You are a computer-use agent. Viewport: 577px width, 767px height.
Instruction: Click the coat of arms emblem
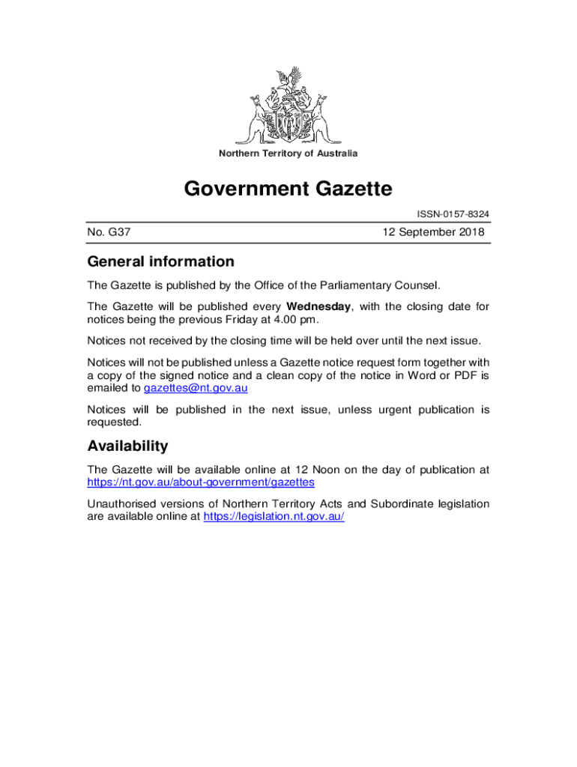tap(288, 106)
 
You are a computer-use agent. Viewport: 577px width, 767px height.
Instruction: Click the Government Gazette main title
tap(288, 189)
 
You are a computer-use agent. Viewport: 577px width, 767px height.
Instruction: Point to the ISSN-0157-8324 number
tap(453, 214)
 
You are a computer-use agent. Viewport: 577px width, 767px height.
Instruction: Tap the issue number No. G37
tap(109, 232)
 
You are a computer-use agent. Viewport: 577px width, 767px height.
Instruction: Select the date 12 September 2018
tap(433, 232)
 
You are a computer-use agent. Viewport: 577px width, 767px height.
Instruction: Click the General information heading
tap(160, 261)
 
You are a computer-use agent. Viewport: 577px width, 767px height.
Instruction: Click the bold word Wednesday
tap(318, 306)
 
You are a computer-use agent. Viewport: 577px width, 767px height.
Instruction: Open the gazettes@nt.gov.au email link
tap(196, 388)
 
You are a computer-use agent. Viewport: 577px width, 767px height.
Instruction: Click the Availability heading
tap(127, 446)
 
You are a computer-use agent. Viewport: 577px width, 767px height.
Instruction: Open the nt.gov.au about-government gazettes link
tap(201, 482)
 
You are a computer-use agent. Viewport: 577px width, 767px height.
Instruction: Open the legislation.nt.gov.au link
tap(274, 517)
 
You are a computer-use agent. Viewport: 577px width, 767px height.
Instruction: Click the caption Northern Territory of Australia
tap(288, 154)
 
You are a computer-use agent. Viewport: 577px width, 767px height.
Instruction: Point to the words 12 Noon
tap(326, 470)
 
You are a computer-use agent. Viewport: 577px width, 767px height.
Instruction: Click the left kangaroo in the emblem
tap(258, 118)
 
